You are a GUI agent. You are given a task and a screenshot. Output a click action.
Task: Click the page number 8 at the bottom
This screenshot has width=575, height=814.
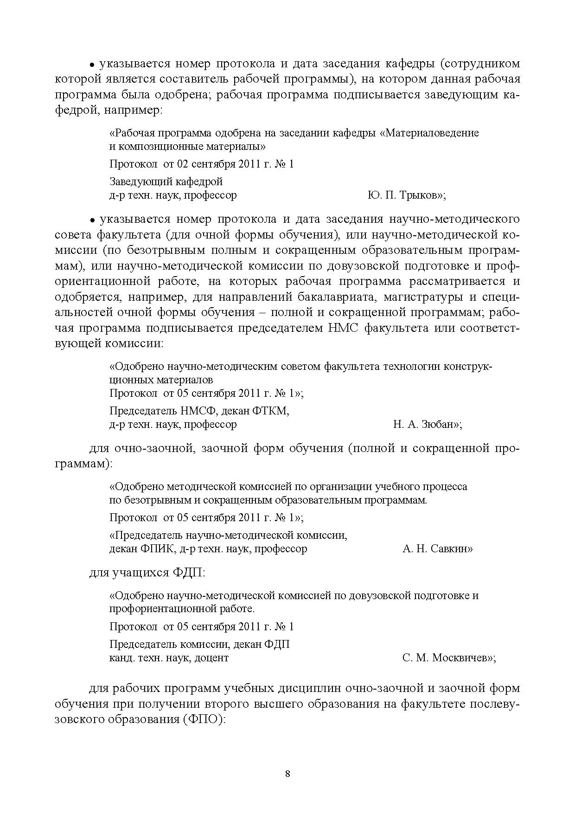(287, 774)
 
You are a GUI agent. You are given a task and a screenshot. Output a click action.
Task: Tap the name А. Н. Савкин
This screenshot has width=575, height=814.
(437, 549)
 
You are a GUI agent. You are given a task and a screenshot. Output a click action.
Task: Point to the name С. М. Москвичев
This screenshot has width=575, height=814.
(447, 658)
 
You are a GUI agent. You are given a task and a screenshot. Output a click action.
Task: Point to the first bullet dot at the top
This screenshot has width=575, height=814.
(92, 65)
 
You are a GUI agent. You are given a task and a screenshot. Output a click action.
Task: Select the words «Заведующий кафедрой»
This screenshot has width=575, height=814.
(166, 181)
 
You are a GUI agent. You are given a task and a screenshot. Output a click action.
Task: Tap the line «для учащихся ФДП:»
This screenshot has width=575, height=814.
(147, 573)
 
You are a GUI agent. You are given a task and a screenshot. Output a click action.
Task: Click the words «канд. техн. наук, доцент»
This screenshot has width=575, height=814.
(169, 658)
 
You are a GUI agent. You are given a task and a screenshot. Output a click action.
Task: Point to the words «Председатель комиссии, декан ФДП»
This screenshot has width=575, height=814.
(199, 645)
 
